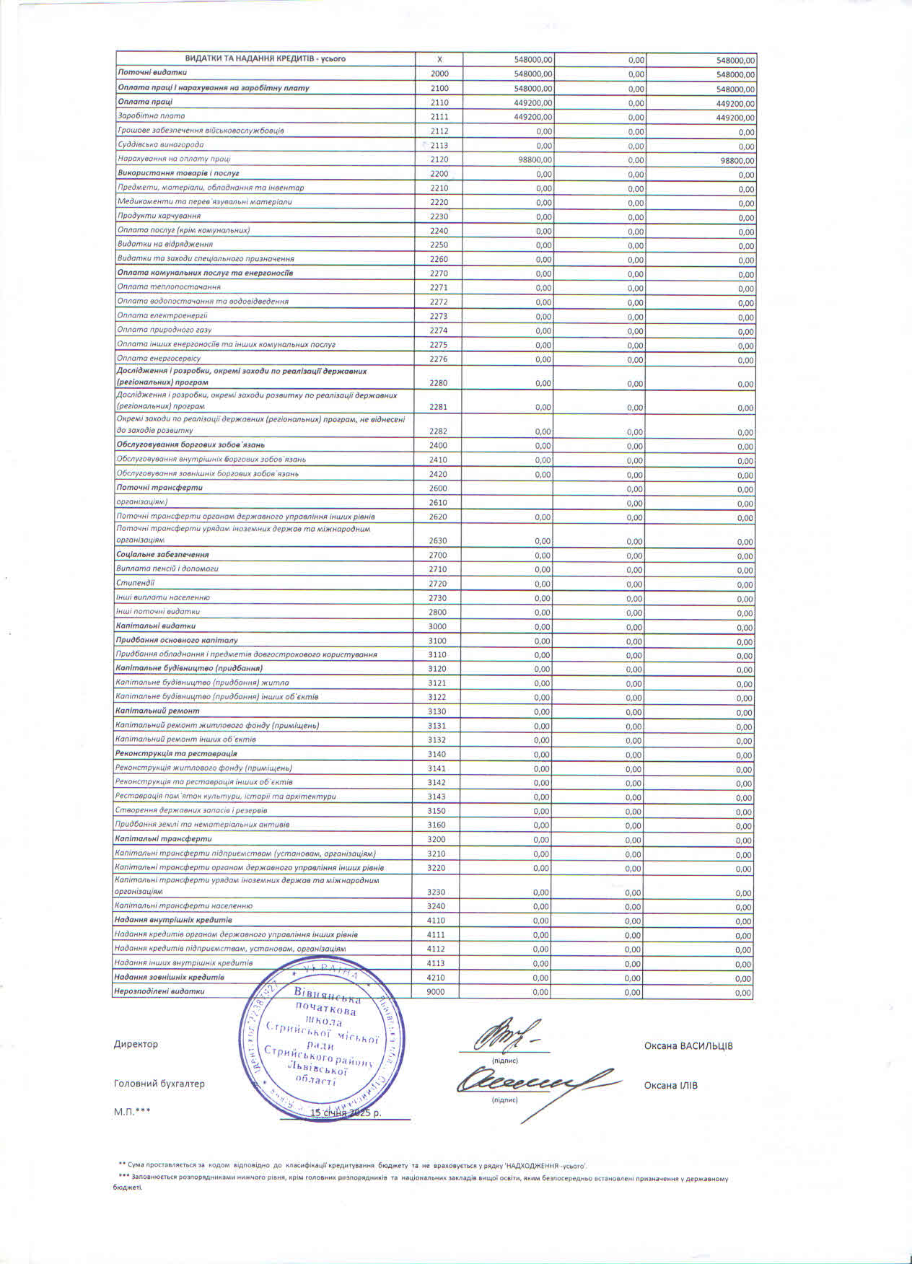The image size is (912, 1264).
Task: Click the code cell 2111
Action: tap(439, 116)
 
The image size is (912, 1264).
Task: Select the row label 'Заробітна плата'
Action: tap(152, 115)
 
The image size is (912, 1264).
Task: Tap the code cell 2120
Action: tap(439, 159)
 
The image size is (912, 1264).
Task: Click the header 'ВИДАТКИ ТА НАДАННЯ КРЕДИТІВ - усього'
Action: tap(266, 59)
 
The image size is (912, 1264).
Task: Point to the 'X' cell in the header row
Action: tap(439, 59)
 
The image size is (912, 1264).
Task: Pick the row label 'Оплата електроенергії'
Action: tap(162, 315)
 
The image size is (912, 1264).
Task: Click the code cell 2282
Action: tap(438, 431)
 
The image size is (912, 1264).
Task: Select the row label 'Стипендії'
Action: tap(135, 583)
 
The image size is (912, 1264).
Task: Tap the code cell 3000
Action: tap(437, 626)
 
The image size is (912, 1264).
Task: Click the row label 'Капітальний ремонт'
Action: tap(157, 711)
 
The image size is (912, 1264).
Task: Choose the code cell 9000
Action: tap(436, 992)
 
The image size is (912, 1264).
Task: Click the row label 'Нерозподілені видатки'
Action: tap(159, 991)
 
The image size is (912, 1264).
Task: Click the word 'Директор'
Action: tap(135, 1044)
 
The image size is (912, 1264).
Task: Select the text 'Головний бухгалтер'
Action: tap(159, 1084)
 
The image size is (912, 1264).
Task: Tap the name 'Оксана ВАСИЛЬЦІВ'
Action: tap(688, 1046)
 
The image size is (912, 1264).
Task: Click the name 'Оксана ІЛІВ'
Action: tap(670, 1085)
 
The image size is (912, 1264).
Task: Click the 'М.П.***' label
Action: tap(131, 1112)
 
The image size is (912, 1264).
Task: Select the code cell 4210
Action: tap(437, 978)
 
